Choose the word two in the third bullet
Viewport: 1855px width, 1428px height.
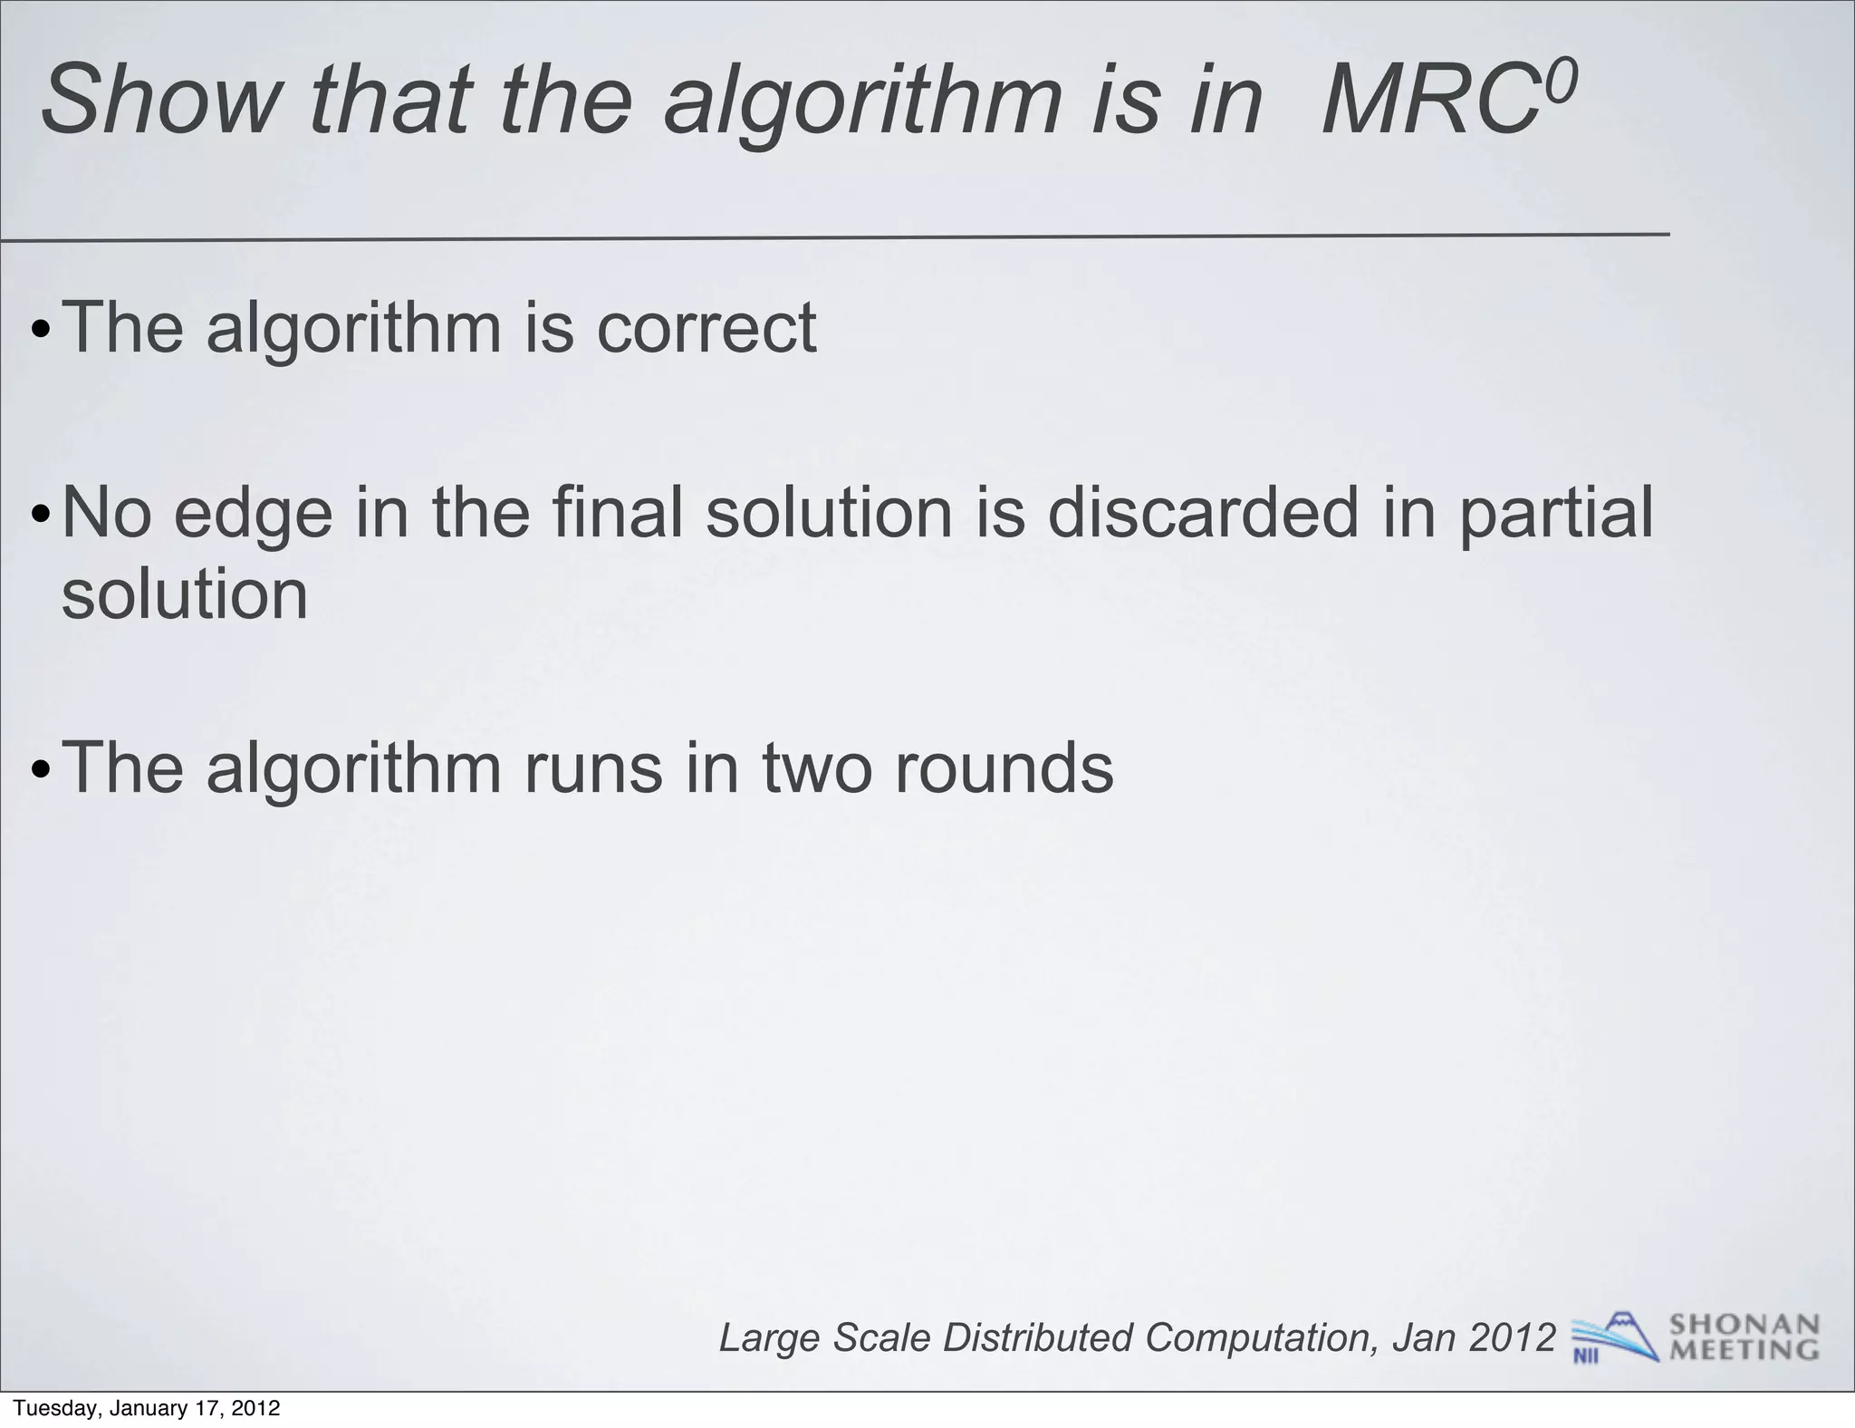pos(819,768)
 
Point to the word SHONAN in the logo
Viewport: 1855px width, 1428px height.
pos(1744,1325)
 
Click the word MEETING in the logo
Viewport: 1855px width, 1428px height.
pos(1744,1350)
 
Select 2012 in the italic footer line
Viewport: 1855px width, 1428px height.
pos(1512,1337)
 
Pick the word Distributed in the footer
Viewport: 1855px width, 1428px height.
pos(1037,1337)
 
